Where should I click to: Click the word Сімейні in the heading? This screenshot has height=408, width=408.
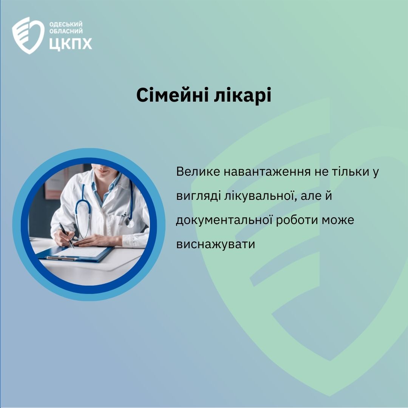[172, 95]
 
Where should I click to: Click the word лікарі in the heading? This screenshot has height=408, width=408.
[243, 95]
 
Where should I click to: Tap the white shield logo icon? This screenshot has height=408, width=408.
[28, 36]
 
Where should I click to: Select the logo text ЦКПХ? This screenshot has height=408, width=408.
[71, 43]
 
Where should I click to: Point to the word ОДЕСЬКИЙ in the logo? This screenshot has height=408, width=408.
[66, 25]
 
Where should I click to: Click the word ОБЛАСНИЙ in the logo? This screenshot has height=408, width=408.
[66, 31]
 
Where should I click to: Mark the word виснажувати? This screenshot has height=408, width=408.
[215, 244]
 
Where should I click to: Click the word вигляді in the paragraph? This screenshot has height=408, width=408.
[198, 196]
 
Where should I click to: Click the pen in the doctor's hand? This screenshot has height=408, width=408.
[66, 235]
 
